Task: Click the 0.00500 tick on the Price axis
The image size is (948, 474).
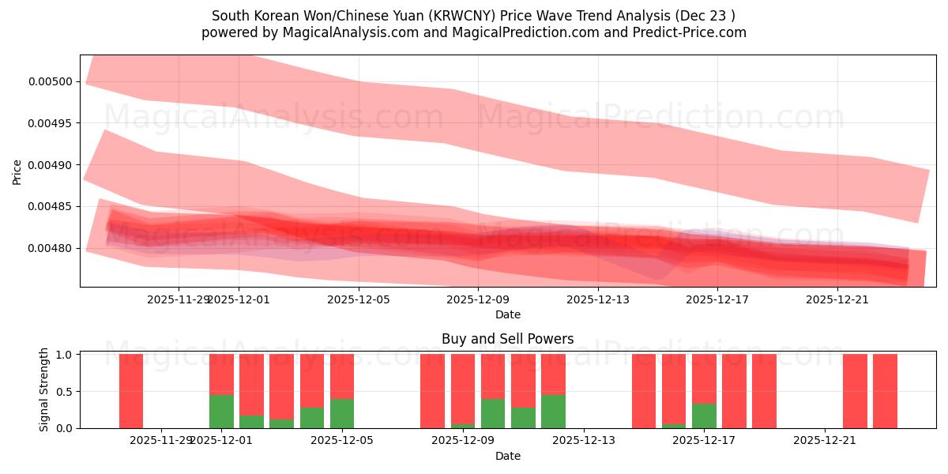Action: pos(51,81)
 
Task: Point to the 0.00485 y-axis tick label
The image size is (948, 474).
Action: pos(51,207)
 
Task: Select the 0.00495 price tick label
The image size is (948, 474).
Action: pos(51,123)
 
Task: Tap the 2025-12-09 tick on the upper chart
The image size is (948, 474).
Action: pos(478,299)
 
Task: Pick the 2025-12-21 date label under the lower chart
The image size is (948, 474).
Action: pos(825,441)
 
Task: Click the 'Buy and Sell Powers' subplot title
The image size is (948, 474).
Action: pos(507,339)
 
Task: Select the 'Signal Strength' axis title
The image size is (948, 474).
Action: pos(44,389)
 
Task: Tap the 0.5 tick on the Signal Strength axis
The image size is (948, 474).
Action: pos(65,391)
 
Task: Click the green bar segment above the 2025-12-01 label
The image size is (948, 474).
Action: pos(221,411)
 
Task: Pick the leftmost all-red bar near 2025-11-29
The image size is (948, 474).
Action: pos(131,391)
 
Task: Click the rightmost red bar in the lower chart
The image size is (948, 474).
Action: pos(885,391)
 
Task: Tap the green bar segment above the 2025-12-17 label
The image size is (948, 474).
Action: pos(704,416)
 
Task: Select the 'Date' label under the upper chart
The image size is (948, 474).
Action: pos(507,314)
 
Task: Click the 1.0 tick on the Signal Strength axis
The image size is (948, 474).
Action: pos(65,355)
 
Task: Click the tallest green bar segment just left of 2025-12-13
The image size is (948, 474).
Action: pos(553,411)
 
